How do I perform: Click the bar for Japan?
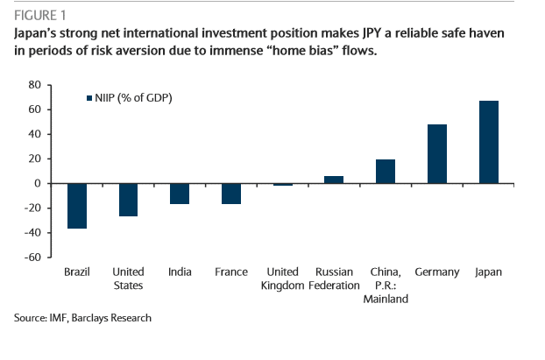tap(488, 142)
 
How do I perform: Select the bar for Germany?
tap(436, 154)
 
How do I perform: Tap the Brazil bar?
tap(77, 206)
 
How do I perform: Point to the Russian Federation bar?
tap(334, 180)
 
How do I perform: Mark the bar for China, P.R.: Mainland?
tap(386, 171)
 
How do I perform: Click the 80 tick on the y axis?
tap(35, 85)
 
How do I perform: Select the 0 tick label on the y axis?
tap(39, 184)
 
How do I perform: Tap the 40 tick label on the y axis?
tap(35, 134)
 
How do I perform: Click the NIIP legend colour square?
tap(88, 98)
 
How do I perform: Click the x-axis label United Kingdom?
tap(282, 279)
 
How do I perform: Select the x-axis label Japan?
tap(488, 272)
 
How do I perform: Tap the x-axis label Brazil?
tap(77, 272)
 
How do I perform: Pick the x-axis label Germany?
tap(436, 272)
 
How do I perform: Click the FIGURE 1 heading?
tap(39, 15)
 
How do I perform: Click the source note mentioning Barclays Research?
tap(82, 318)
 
